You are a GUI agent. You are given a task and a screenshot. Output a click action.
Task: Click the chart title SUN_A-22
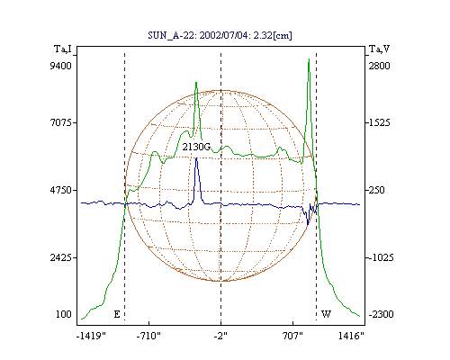pos(172,35)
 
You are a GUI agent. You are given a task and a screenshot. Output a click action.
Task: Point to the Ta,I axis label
pos(63,49)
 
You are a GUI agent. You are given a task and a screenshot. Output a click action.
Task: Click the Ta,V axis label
pos(379,49)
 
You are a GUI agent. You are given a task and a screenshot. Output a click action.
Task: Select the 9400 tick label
pos(60,66)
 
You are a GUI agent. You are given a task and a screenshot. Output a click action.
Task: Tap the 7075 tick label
pos(60,122)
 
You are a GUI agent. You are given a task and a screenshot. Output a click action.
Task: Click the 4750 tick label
pos(60,190)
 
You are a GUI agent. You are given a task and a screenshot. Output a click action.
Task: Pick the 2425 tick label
pos(60,257)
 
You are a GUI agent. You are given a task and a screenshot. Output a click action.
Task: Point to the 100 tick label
pos(64,314)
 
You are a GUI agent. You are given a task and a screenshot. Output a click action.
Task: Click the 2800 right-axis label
pos(379,66)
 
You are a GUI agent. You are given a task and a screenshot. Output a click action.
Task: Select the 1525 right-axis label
pos(379,122)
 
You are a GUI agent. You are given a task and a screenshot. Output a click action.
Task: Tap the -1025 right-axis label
pos(381,257)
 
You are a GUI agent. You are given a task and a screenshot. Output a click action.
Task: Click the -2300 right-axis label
pos(381,314)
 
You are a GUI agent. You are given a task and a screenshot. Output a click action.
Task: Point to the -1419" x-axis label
pos(92,336)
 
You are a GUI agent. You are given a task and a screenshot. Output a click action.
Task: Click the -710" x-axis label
pos(148,336)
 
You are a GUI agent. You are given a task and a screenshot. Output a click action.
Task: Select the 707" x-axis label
pos(292,336)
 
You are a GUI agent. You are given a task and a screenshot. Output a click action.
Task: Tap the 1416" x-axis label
pos(351,336)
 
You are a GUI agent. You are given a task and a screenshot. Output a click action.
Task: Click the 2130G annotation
pos(196,147)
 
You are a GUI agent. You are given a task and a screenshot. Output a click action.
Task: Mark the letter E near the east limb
pos(117,314)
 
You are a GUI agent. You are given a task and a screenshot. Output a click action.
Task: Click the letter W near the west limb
pos(326,314)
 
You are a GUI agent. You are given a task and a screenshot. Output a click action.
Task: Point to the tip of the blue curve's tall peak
pos(196,158)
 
